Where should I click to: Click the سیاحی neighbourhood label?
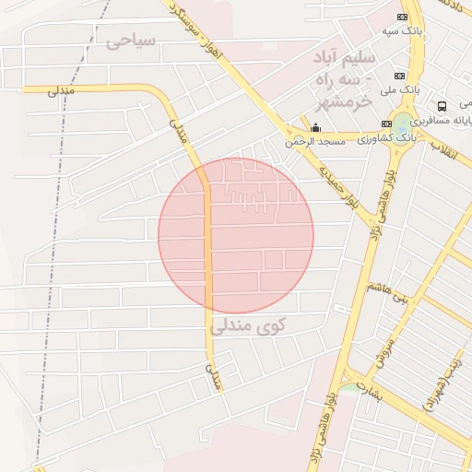pos(132,41)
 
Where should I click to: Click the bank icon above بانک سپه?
pos(402,18)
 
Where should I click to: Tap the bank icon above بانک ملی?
pos(399,76)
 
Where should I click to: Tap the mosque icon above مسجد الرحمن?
pos(316,127)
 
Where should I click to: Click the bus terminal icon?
pos(442,106)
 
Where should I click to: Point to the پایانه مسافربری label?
pos(443,121)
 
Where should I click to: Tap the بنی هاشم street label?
pos(386,292)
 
